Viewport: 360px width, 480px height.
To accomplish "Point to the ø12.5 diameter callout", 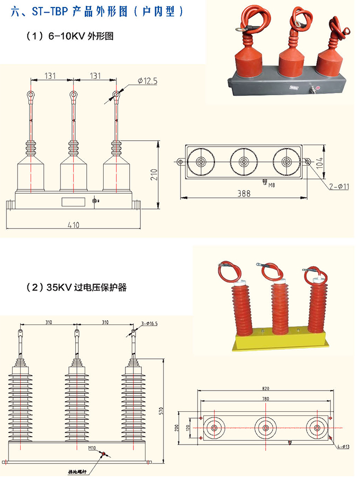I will point(147,81).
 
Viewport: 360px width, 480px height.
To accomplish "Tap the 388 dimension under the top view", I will point(244,194).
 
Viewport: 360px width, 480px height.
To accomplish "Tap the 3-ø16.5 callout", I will point(150,323).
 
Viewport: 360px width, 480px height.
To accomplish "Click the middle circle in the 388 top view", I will point(244,162).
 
